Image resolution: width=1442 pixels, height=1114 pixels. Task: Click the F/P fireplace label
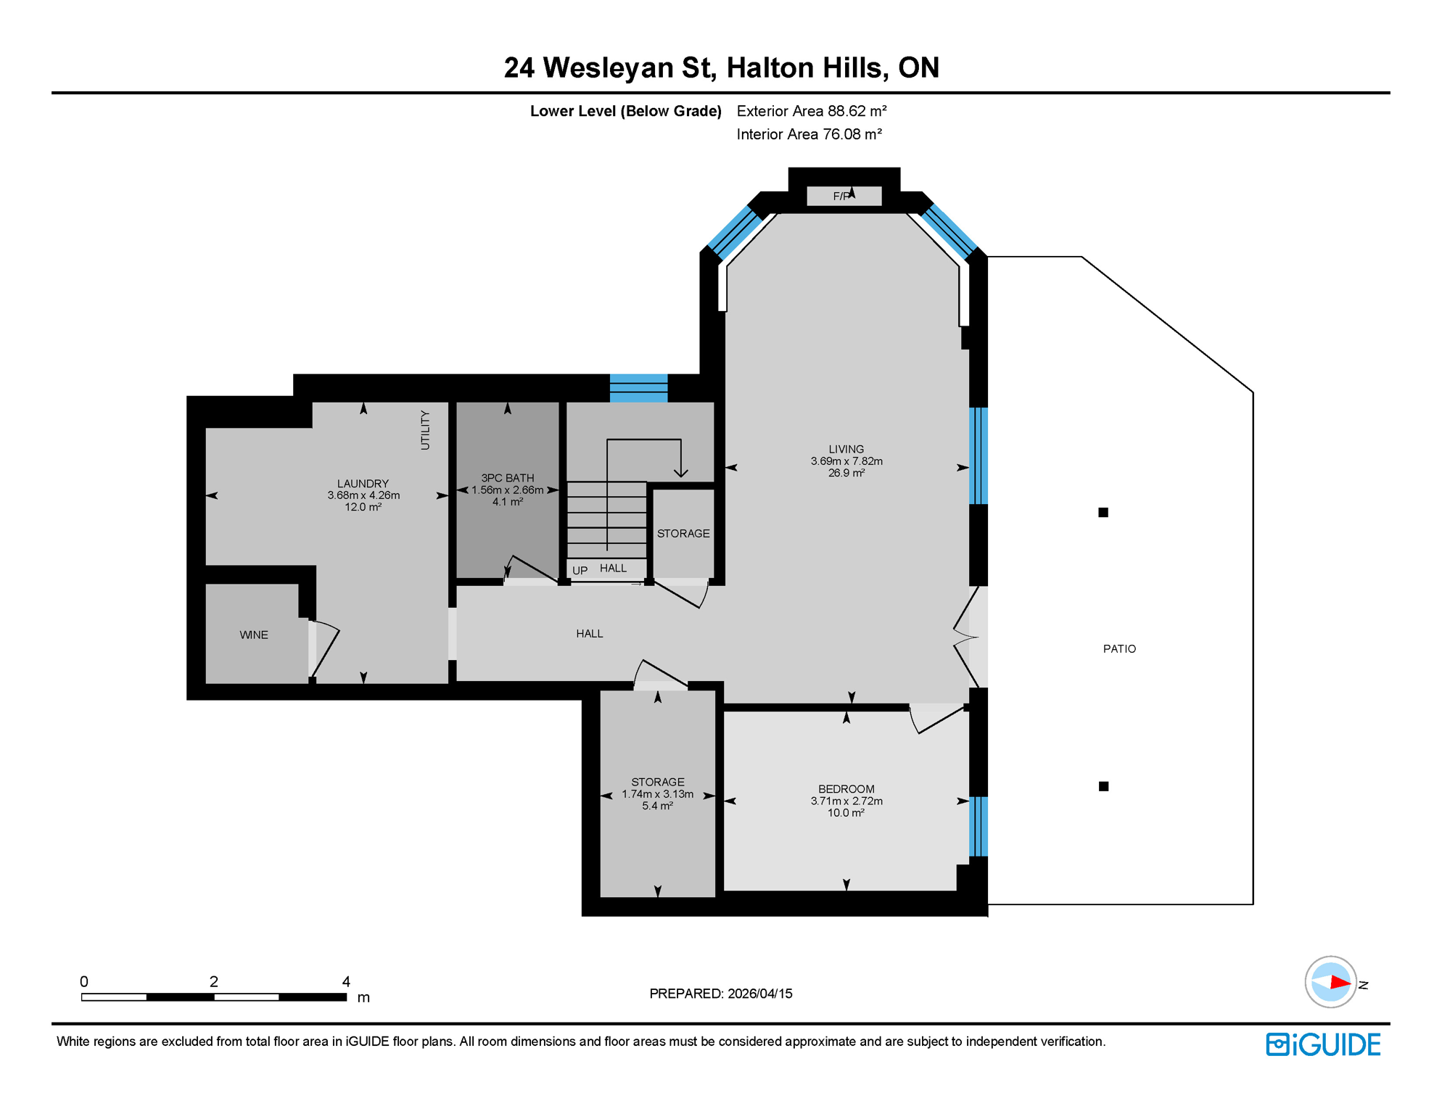pyautogui.click(x=841, y=197)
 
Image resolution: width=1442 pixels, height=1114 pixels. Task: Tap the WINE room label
pyautogui.click(x=254, y=635)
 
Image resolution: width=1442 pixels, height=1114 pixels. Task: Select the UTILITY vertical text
pyautogui.click(x=425, y=430)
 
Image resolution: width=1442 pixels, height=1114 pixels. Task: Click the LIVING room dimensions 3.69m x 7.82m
pyautogui.click(x=846, y=461)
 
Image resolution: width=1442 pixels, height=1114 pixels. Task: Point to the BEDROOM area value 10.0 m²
pyautogui.click(x=846, y=813)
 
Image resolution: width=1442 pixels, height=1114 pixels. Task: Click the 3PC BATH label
pyautogui.click(x=508, y=478)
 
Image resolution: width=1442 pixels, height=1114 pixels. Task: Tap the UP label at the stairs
pyautogui.click(x=580, y=571)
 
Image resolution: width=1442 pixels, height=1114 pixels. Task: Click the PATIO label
pyautogui.click(x=1119, y=649)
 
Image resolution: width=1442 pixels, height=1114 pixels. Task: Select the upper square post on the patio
pyautogui.click(x=1103, y=513)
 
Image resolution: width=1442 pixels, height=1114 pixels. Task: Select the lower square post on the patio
pyautogui.click(x=1103, y=786)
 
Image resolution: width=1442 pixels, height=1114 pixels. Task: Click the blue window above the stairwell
pyautogui.click(x=638, y=388)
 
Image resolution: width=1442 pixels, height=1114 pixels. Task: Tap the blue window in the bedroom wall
pyautogui.click(x=978, y=826)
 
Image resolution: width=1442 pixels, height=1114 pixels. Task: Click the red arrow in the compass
pyautogui.click(x=1340, y=983)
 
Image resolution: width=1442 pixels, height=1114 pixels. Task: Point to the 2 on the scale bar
pyautogui.click(x=214, y=981)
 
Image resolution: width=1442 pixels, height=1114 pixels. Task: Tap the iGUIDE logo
pyautogui.click(x=1323, y=1044)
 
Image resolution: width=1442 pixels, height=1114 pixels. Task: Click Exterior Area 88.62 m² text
pyautogui.click(x=812, y=111)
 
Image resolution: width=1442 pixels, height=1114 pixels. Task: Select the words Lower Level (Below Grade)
pyautogui.click(x=625, y=111)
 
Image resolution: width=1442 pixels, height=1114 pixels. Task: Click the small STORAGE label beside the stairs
pyautogui.click(x=683, y=534)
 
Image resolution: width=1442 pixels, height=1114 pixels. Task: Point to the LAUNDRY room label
pyautogui.click(x=363, y=484)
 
